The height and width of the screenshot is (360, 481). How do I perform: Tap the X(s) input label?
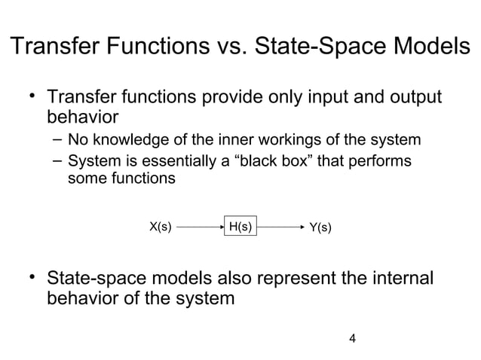[x=159, y=226]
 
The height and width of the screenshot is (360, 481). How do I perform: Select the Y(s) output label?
[x=321, y=227]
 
